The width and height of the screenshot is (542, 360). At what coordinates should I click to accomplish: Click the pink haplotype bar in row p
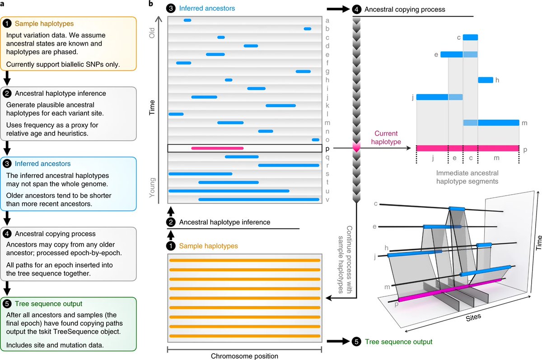tap(217, 148)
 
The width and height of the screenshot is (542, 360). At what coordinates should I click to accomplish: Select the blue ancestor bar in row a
tap(187, 20)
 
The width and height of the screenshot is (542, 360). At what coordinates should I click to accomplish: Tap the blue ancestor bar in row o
tap(316, 140)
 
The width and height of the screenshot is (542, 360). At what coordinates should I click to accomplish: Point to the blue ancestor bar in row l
tap(176, 114)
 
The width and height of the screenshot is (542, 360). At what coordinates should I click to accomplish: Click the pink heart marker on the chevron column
tap(357, 147)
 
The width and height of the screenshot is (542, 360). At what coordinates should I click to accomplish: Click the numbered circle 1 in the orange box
tap(7, 22)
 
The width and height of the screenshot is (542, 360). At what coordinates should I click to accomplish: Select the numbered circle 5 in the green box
tap(7, 304)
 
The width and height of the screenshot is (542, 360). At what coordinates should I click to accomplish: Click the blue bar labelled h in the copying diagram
tap(486, 80)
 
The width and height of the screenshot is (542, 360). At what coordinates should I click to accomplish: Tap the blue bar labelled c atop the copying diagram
tap(471, 37)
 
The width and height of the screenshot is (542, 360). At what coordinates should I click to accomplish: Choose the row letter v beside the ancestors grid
tap(327, 199)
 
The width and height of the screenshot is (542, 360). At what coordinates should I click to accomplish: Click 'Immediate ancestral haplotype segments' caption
tap(467, 177)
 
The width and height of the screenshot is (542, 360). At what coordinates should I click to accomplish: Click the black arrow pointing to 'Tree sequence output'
tap(337, 341)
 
